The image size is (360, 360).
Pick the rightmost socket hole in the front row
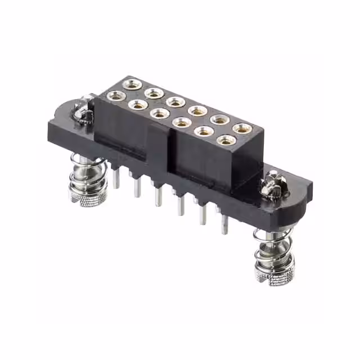click(226, 140)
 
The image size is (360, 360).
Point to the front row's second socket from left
click(138, 105)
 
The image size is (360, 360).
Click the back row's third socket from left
click(176, 102)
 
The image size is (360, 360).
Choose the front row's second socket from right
click(204, 131)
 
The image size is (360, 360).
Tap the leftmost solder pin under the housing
click(116, 178)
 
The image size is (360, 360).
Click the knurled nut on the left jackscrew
click(89, 194)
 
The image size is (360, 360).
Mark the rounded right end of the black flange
click(301, 194)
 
